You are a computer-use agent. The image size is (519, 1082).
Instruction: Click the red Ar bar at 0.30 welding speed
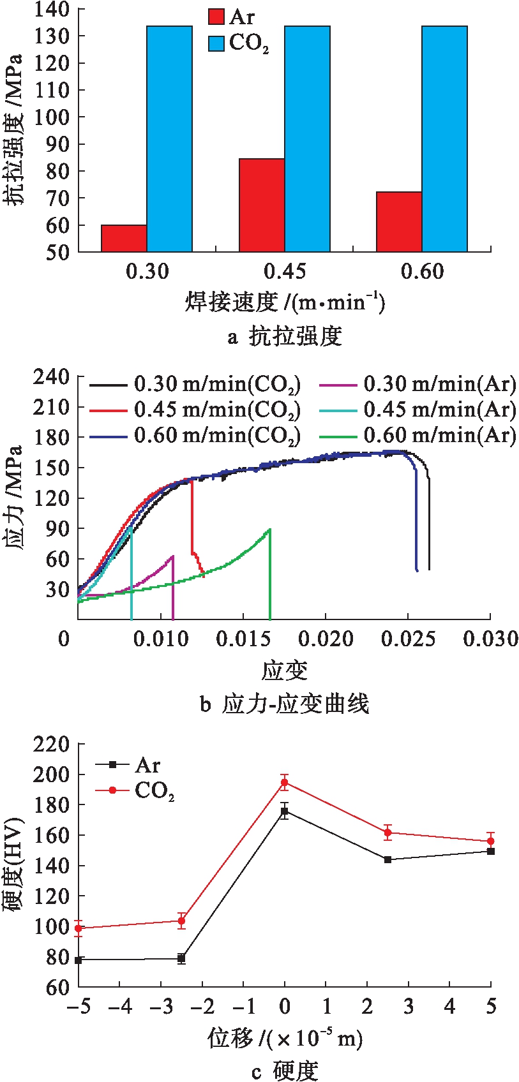tap(124, 238)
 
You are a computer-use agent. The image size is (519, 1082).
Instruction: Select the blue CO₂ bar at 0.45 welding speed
tap(307, 138)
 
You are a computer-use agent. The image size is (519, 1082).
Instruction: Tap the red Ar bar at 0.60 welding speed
tap(398, 221)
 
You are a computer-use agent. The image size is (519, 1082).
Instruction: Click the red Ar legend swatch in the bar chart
tap(216, 17)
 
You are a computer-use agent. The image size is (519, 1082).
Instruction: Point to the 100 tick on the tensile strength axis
tap(54, 117)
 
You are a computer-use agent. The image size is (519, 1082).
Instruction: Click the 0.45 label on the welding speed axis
tap(284, 272)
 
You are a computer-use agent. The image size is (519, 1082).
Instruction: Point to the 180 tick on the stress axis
tap(52, 438)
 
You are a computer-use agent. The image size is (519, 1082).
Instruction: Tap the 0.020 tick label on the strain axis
tap(326, 639)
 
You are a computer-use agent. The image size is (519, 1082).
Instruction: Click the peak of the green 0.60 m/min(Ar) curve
tap(270, 529)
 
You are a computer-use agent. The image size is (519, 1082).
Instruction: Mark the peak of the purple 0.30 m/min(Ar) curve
tap(172, 556)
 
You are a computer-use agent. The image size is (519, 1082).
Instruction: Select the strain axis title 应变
tap(284, 671)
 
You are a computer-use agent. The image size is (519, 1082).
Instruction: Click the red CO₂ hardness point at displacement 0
tap(285, 783)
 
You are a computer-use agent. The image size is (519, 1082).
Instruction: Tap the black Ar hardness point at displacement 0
tap(285, 811)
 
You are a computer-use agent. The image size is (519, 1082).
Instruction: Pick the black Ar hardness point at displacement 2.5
tap(387, 860)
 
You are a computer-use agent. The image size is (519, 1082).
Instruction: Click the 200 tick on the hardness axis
tap(52, 774)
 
